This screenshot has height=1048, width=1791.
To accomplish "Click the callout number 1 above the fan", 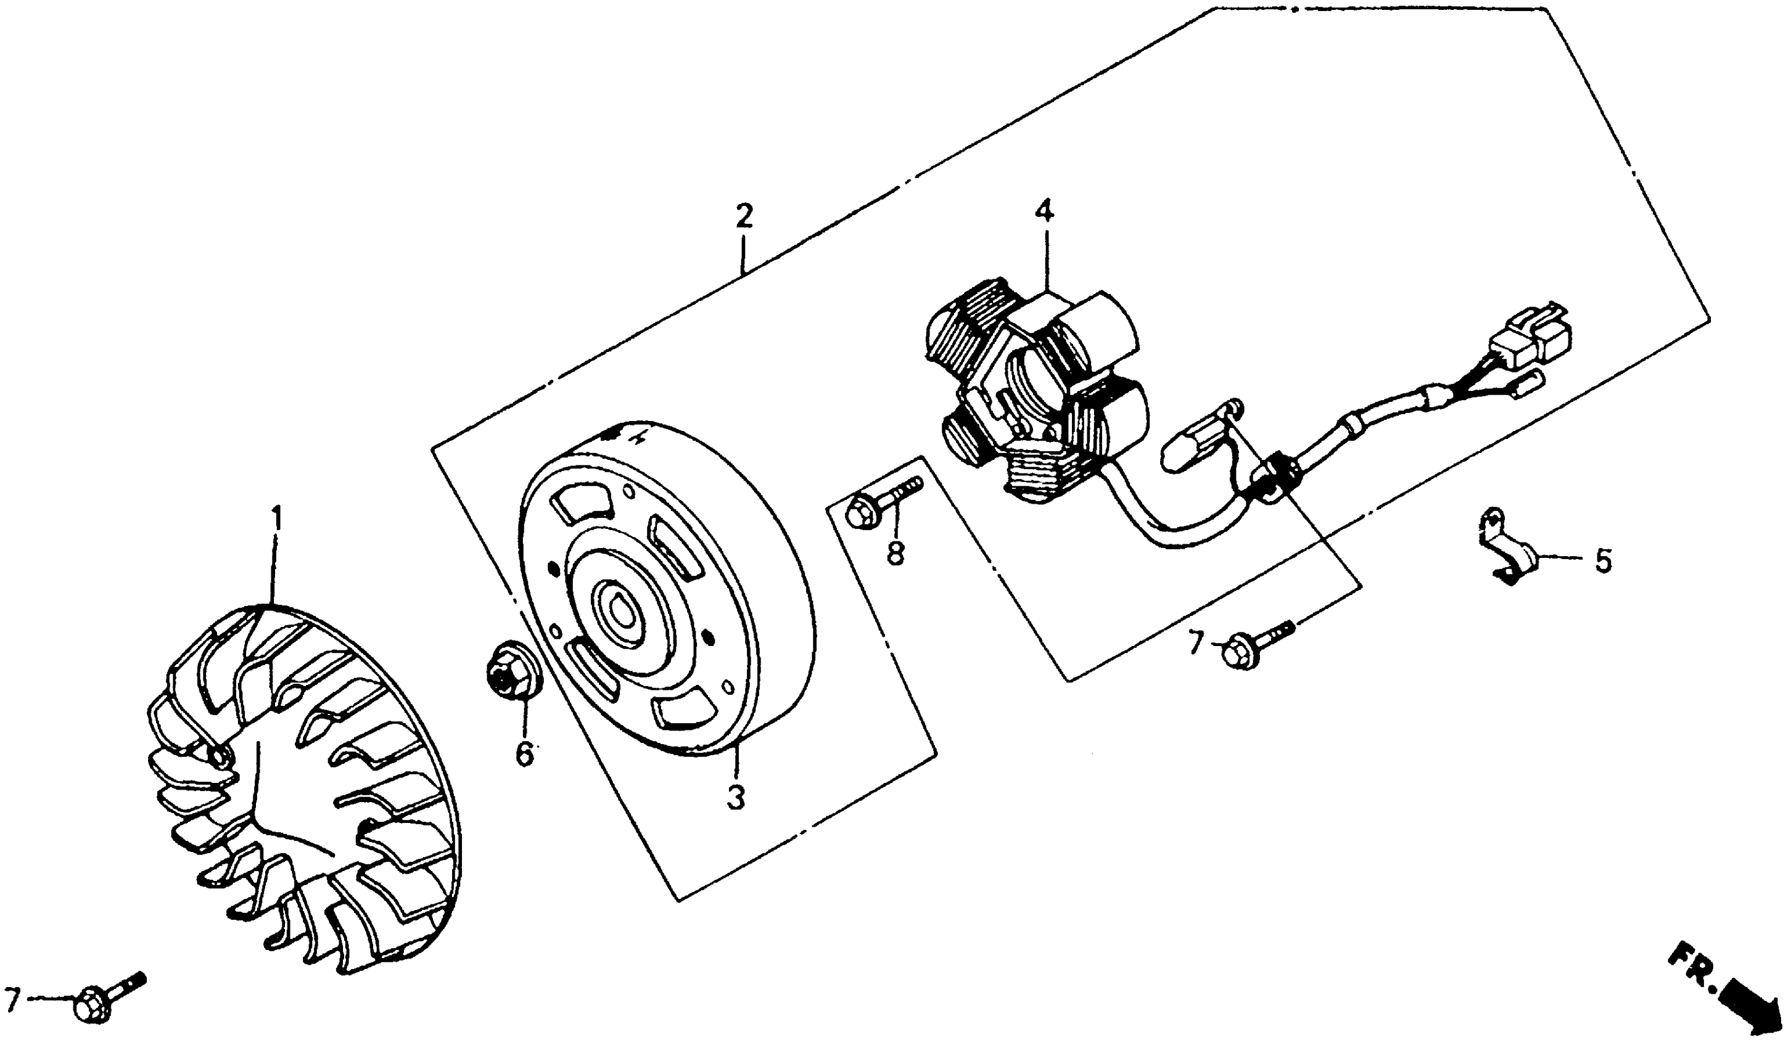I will (x=276, y=520).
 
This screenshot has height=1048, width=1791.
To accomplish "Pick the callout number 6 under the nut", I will (x=524, y=753).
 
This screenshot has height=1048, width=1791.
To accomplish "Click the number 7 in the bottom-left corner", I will (x=12, y=1001).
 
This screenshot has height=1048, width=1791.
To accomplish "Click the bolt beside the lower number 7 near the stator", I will (x=1256, y=644).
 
